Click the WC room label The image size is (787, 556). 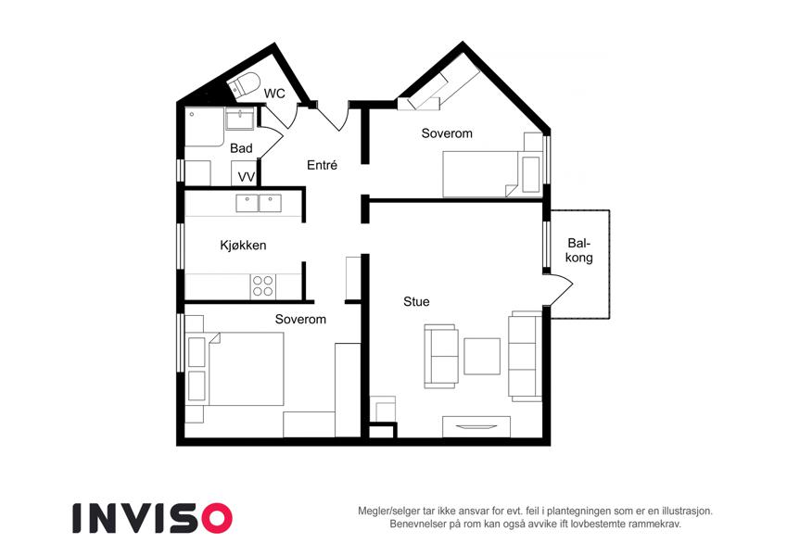274,94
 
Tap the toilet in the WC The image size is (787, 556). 245,84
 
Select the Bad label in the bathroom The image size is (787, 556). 241,148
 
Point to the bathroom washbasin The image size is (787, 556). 240,120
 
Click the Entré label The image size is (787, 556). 323,165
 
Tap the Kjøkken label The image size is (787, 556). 243,246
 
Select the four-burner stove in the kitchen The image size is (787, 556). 263,286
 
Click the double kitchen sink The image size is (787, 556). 259,203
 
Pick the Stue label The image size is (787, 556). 416,301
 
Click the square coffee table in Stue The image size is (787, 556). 482,356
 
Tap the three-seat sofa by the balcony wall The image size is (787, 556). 525,356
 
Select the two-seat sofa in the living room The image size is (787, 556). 441,356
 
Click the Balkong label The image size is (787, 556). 579,250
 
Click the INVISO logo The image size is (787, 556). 153,518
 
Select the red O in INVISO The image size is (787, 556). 216,518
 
